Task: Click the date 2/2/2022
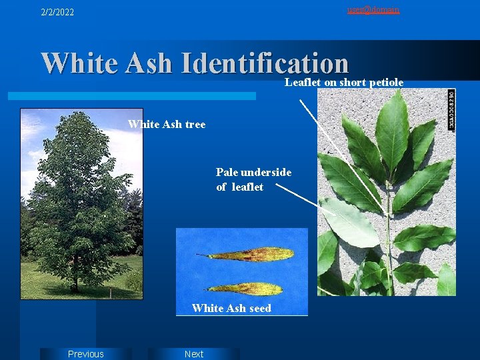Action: [57, 12]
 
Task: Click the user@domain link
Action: [373, 9]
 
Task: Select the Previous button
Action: [86, 354]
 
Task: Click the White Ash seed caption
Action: [231, 308]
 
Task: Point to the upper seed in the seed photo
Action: [250, 255]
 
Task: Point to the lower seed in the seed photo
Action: [247, 289]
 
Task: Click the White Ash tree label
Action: [167, 124]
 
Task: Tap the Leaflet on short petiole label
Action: [344, 82]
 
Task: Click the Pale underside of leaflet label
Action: [253, 179]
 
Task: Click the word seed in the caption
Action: [260, 308]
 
